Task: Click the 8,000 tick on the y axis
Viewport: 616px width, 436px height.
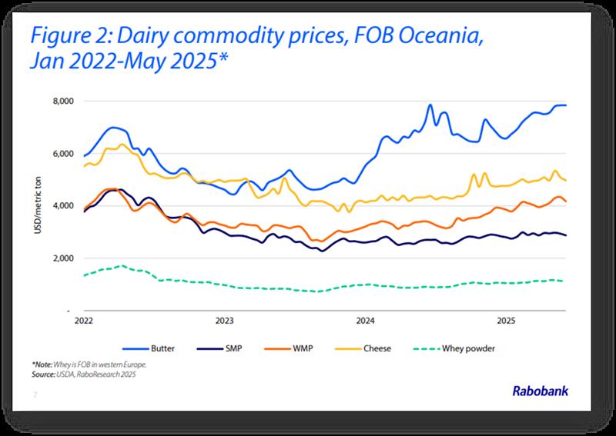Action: click(62, 101)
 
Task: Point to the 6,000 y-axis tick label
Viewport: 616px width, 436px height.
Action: click(62, 154)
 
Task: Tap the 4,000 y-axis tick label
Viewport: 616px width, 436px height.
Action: click(62, 206)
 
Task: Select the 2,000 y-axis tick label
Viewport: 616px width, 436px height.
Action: click(62, 258)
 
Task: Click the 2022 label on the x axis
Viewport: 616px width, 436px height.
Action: click(85, 320)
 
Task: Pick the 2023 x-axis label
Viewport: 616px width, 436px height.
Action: click(224, 320)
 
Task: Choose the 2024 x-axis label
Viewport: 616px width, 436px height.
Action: click(364, 320)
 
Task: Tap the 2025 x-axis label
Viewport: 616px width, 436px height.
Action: click(505, 320)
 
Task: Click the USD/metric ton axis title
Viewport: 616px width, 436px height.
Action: click(37, 206)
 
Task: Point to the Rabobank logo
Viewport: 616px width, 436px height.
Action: click(541, 391)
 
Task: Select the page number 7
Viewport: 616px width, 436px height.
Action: click(35, 395)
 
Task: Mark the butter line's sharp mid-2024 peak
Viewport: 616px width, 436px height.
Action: click(430, 105)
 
